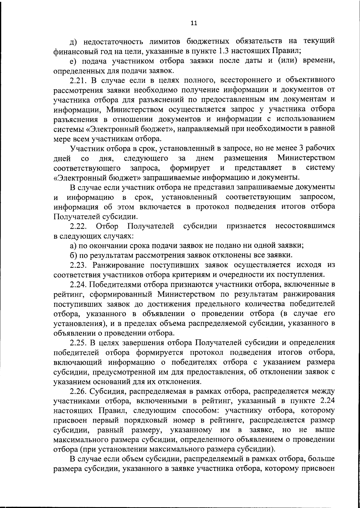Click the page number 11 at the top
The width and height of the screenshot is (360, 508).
(194, 23)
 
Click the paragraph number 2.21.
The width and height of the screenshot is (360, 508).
(79, 81)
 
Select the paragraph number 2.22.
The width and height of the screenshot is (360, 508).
(79, 227)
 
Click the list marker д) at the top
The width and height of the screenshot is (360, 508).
(73, 42)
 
